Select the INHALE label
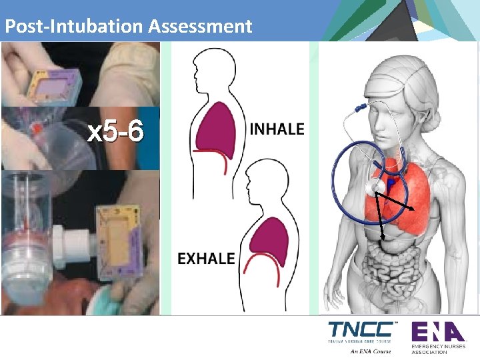pos(277,129)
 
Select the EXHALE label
pos(206,258)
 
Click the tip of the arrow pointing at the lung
pos(417,211)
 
